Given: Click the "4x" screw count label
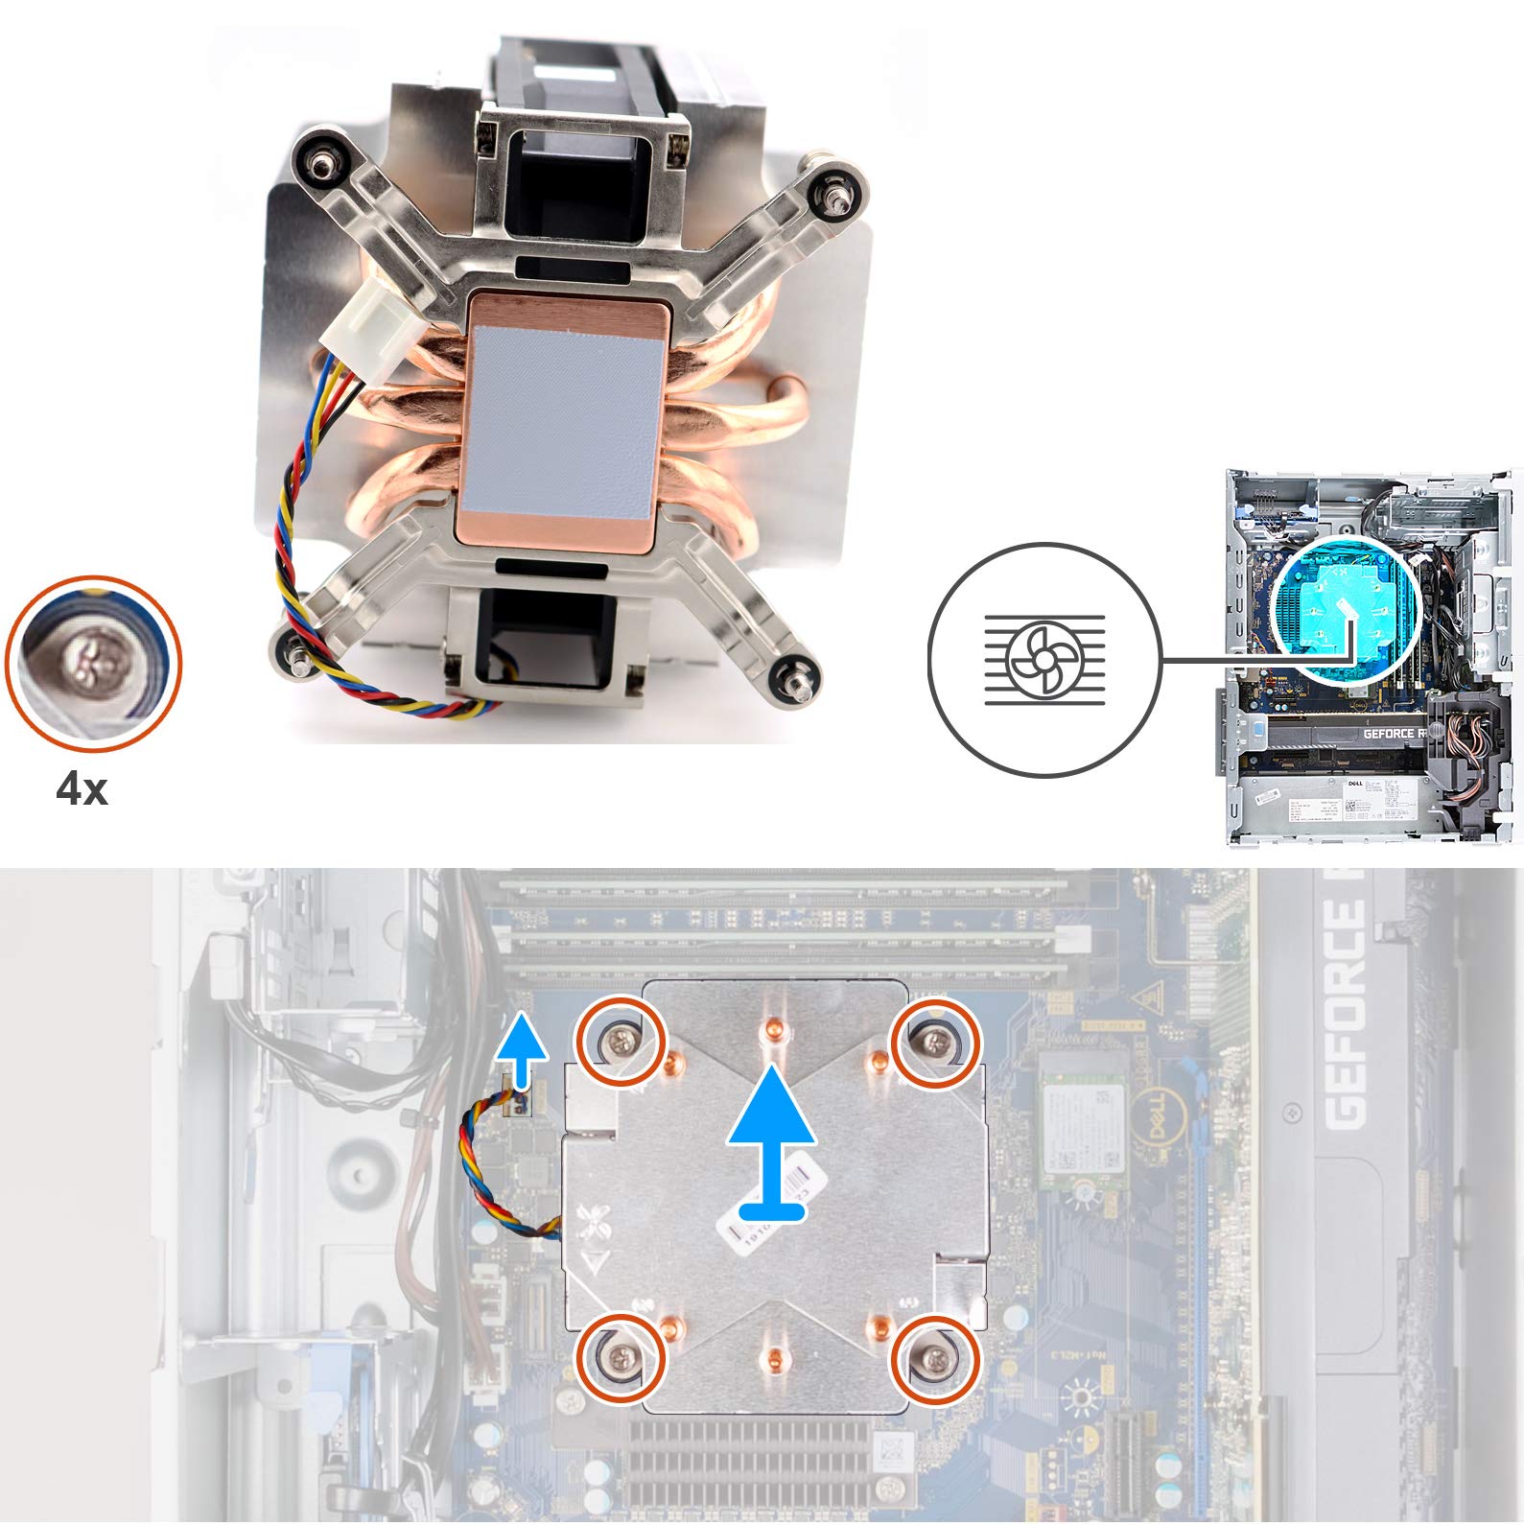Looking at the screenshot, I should [x=82, y=789].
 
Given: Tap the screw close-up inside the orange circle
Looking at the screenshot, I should [x=92, y=663].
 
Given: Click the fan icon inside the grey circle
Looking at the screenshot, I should [x=1044, y=661].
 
